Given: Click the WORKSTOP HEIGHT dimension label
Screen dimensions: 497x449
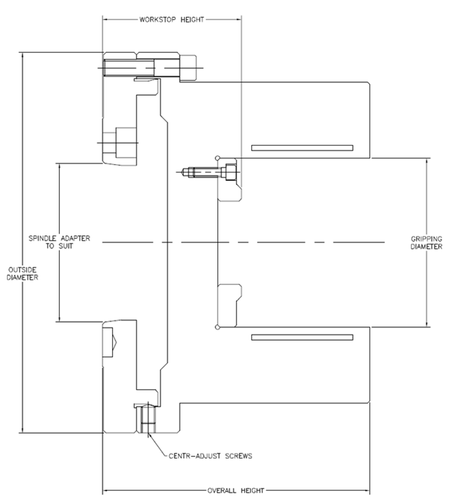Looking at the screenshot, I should (x=172, y=19).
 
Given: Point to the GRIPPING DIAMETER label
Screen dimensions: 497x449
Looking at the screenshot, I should (x=426, y=242).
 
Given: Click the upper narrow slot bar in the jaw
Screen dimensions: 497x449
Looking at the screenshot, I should (x=302, y=147).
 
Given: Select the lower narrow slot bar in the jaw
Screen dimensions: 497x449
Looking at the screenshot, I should (x=302, y=337).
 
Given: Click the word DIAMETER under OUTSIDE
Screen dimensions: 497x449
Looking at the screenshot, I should (x=22, y=277).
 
